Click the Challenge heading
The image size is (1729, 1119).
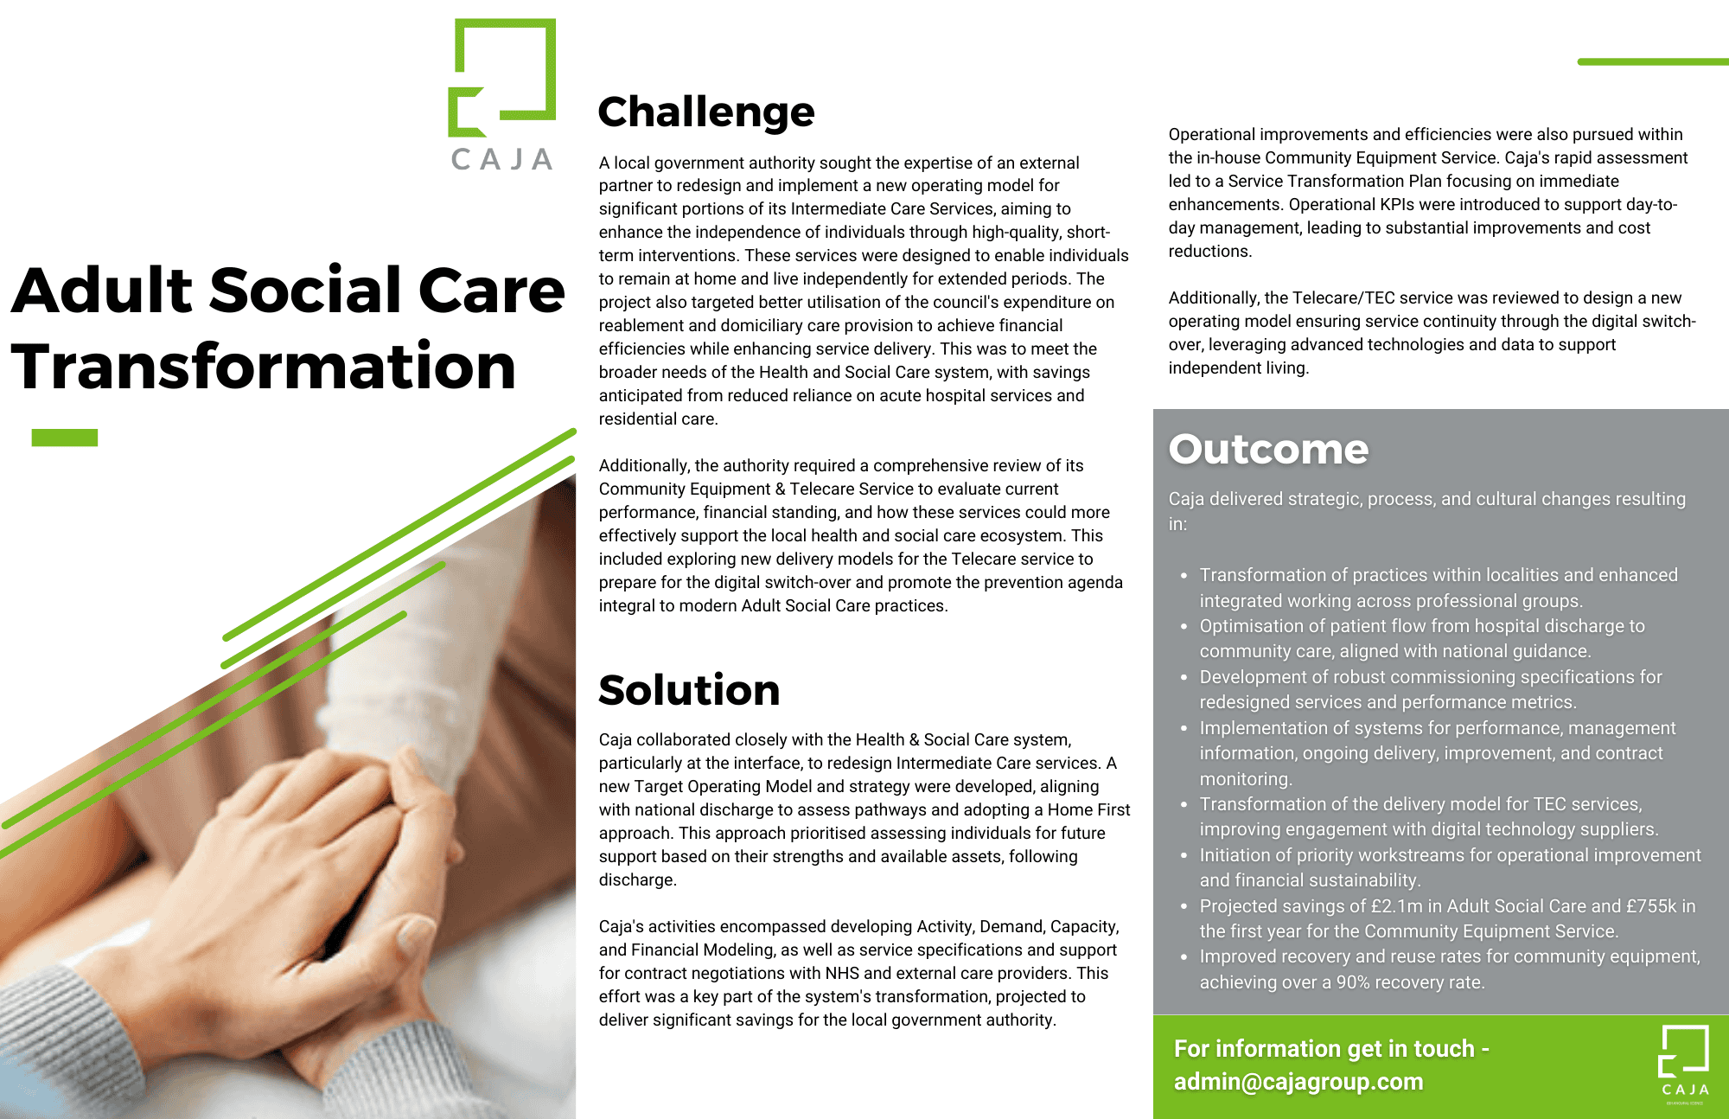pos(705,112)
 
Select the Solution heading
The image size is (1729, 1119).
pos(689,690)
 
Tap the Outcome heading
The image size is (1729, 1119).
pos(1268,450)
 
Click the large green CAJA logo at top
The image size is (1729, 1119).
pos(502,95)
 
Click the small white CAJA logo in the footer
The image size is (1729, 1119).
pos(1684,1063)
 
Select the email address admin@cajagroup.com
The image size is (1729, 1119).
pos(1298,1082)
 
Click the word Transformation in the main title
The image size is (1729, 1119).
pos(264,367)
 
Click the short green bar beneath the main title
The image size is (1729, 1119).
pos(65,438)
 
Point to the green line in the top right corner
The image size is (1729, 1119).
pos(1653,62)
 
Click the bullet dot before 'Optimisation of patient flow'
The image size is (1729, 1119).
pos(1184,627)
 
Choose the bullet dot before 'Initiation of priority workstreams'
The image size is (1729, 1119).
pos(1184,856)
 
